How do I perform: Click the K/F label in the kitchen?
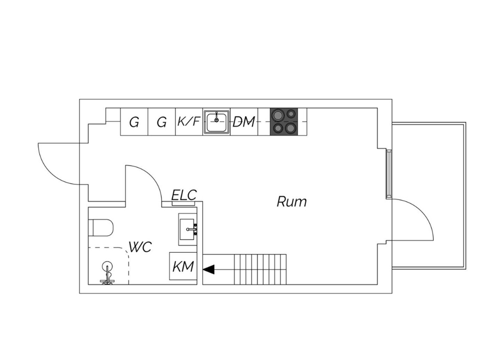click(x=189, y=121)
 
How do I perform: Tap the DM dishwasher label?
click(x=244, y=122)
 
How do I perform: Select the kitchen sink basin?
click(x=216, y=121)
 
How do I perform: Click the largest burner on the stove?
click(x=277, y=115)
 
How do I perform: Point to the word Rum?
click(x=292, y=202)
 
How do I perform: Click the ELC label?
click(x=184, y=195)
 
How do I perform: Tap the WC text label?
click(x=140, y=247)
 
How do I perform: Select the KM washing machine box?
click(x=183, y=266)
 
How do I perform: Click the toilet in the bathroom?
click(x=101, y=227)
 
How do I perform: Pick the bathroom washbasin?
click(x=187, y=230)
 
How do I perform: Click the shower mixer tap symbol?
click(x=107, y=273)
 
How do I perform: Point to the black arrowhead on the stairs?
click(x=209, y=270)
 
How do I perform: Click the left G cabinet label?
click(x=134, y=122)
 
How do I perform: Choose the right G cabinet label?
click(x=162, y=122)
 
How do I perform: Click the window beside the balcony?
click(x=389, y=174)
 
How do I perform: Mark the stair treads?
click(x=260, y=270)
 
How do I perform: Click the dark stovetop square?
click(x=284, y=121)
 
